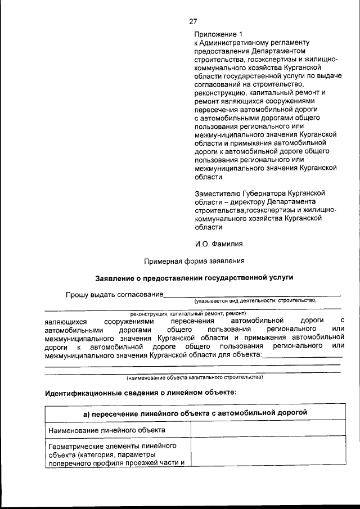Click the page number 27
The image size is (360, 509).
click(x=193, y=21)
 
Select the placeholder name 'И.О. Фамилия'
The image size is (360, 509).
click(x=219, y=244)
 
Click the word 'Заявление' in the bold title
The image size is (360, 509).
click(x=116, y=278)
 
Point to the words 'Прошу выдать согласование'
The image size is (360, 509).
click(x=114, y=295)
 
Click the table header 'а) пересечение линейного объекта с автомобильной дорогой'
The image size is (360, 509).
click(x=195, y=413)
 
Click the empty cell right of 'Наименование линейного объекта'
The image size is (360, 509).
click(x=267, y=430)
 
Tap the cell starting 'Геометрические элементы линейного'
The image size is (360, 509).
click(x=117, y=454)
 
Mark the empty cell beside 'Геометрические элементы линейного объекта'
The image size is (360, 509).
click(x=267, y=454)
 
